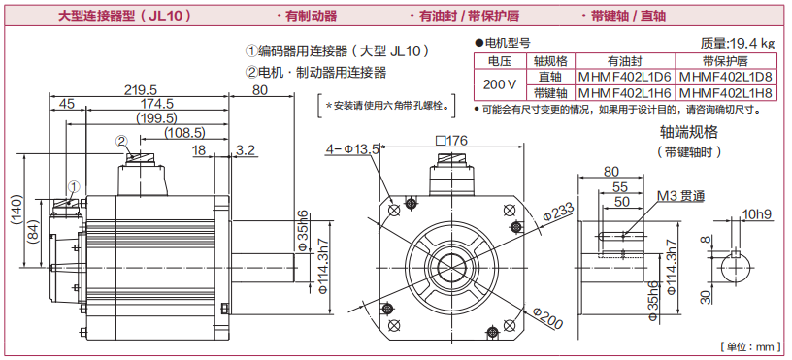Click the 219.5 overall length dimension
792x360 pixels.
point(141,90)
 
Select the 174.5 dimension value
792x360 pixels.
point(156,104)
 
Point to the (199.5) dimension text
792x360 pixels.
point(156,118)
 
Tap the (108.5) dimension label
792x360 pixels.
point(184,133)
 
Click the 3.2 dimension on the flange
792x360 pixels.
point(245,150)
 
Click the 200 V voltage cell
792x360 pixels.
point(500,84)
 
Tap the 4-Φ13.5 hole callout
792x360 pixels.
point(352,148)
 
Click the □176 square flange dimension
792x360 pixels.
point(451,140)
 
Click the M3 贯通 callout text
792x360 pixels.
point(681,196)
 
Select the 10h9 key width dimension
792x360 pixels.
point(757,214)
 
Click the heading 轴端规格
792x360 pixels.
point(689,132)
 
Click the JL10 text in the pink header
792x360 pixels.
point(164,16)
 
